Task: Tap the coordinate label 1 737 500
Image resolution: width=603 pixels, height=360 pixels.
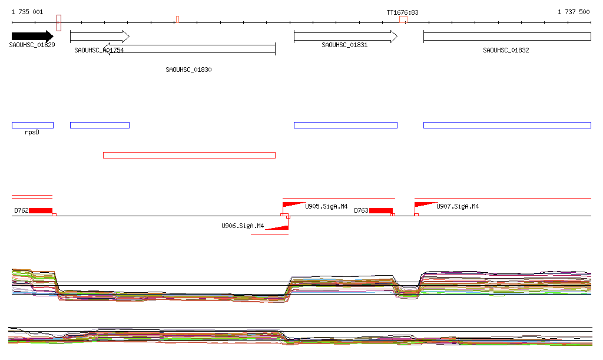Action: coord(573,12)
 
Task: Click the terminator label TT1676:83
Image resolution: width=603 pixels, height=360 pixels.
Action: coord(402,12)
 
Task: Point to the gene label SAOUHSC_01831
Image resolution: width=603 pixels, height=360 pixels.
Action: coord(344,45)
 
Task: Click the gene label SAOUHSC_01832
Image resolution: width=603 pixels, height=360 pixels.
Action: coord(506,51)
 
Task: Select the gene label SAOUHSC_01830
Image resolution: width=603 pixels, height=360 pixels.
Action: coord(188,70)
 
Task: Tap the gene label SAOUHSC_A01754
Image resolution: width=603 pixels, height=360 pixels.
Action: coord(99,51)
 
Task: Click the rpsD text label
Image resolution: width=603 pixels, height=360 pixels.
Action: coord(32,133)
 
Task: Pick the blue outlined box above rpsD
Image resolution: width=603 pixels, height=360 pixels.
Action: coord(32,125)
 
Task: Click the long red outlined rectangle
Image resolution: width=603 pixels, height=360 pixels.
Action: coord(189,155)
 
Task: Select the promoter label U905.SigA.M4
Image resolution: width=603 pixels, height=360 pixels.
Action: coord(326,206)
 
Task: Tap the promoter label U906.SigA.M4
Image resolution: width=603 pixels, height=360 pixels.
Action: coord(242,226)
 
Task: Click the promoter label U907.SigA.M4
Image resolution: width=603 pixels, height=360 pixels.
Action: coord(457,206)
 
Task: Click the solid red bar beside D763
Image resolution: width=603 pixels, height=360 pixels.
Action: coord(381,211)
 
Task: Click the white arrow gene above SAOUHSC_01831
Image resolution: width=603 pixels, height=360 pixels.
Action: coord(346,37)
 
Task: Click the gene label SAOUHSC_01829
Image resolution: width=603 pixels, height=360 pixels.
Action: coord(32,45)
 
